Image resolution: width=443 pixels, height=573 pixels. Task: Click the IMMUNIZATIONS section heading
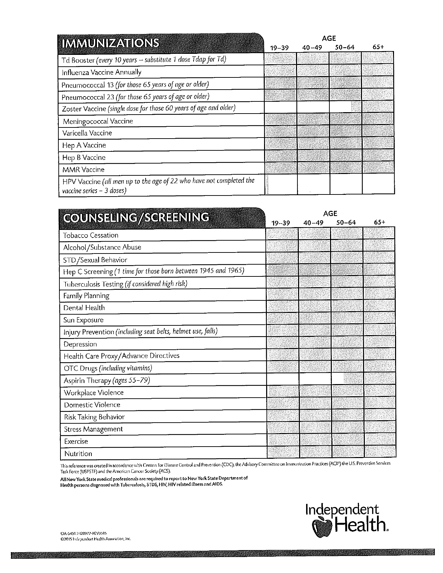[110, 43]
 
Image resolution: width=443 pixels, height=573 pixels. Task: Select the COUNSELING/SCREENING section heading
[136, 217]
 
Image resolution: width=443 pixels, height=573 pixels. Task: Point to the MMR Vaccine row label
[83, 170]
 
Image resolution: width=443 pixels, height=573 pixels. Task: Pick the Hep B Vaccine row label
[84, 158]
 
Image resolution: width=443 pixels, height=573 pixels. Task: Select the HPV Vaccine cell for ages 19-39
[281, 185]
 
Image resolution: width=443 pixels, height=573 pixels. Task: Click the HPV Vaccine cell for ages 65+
[378, 185]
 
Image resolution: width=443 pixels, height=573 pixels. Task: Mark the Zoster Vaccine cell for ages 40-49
[313, 108]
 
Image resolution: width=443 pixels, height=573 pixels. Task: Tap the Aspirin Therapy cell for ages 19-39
[282, 379]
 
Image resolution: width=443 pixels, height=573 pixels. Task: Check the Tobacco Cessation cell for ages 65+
[379, 234]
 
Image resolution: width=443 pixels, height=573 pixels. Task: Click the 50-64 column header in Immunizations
[345, 48]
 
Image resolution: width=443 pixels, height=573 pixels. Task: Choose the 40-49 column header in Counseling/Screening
[313, 223]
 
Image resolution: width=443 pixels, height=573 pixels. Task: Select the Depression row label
[80, 344]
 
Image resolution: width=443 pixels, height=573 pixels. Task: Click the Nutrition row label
[78, 454]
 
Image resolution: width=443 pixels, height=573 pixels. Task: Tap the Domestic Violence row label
[92, 405]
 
